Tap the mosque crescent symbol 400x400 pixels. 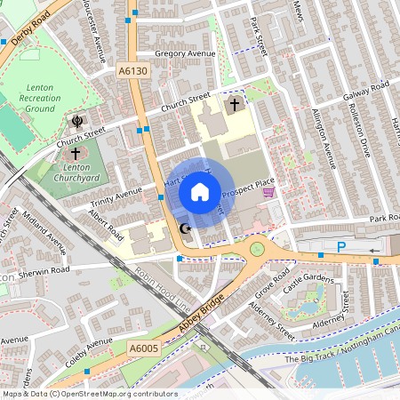point(186,229)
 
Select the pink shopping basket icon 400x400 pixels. point(268,192)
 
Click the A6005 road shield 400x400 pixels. point(142,349)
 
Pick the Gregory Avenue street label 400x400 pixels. point(185,54)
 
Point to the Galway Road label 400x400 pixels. point(368,86)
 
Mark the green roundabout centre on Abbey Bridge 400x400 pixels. point(258,249)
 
